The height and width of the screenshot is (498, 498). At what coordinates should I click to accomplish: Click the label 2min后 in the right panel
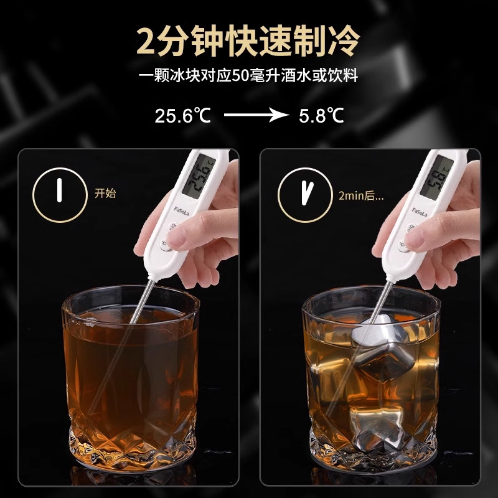[x=360, y=194]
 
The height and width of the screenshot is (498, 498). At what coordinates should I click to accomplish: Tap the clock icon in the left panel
[x=60, y=193]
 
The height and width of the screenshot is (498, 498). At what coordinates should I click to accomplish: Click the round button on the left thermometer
[x=167, y=246]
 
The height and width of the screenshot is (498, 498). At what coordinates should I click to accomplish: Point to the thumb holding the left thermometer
[x=187, y=235]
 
